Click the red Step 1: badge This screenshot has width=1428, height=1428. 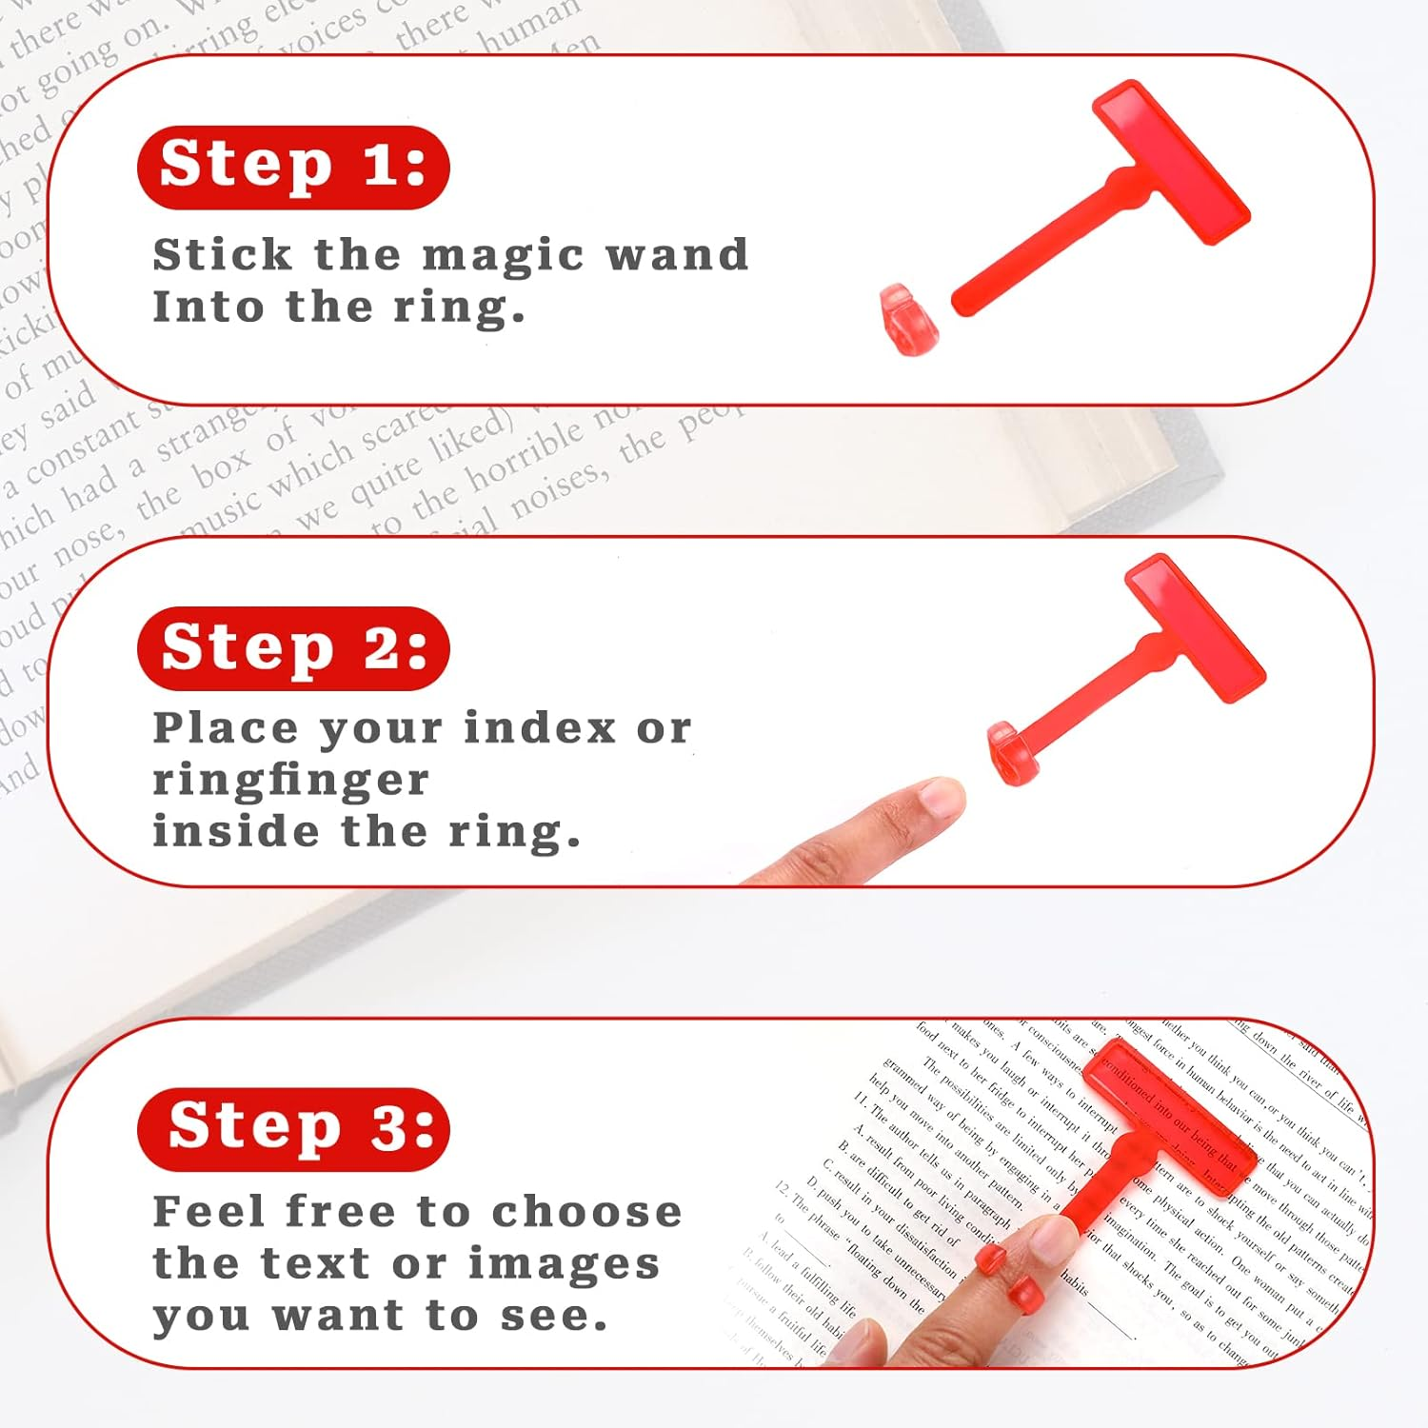(x=293, y=167)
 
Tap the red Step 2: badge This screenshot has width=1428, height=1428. (x=293, y=648)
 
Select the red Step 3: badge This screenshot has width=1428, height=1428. (x=293, y=1129)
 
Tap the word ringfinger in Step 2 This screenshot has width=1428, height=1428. (x=290, y=781)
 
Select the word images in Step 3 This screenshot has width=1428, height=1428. (x=564, y=1264)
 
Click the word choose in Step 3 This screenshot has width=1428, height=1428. (x=586, y=1212)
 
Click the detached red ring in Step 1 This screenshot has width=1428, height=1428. (x=908, y=320)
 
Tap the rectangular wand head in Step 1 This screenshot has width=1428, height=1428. (x=1171, y=162)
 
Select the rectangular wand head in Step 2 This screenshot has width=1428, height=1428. (x=1195, y=628)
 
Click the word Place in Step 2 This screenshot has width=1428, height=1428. (x=226, y=728)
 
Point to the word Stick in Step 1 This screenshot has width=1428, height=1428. (x=222, y=255)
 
